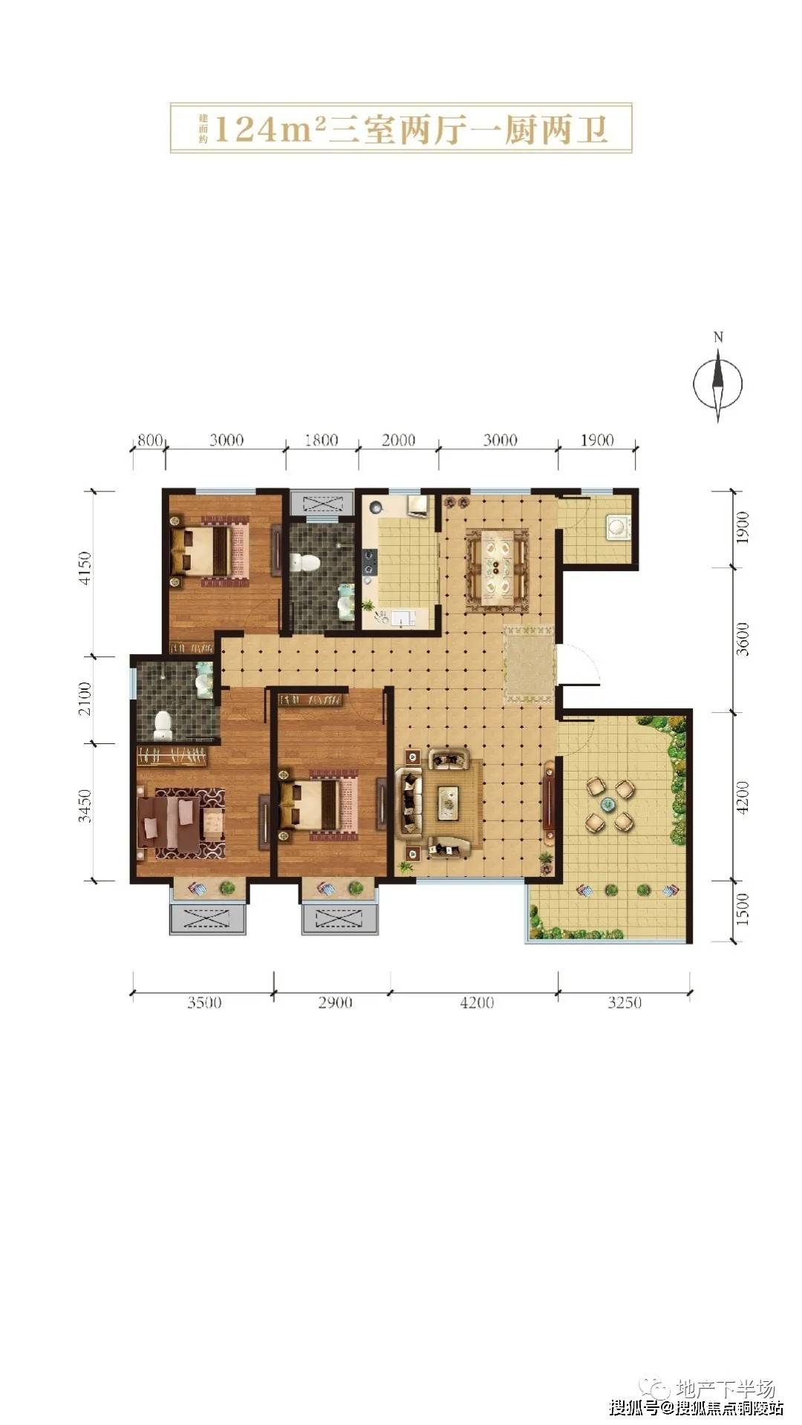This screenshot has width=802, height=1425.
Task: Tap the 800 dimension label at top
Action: point(149,440)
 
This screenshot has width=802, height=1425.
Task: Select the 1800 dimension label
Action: point(322,440)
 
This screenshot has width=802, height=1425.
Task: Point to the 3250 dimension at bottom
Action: point(625,1002)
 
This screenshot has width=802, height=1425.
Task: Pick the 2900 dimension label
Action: point(335,1002)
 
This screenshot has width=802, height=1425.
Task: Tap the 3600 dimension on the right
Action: point(743,639)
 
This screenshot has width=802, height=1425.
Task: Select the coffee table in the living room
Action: point(448,801)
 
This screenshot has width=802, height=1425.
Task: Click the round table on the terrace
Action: point(607,803)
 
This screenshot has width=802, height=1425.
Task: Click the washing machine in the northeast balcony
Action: point(616,526)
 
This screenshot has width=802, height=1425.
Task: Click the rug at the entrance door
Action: point(529,665)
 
